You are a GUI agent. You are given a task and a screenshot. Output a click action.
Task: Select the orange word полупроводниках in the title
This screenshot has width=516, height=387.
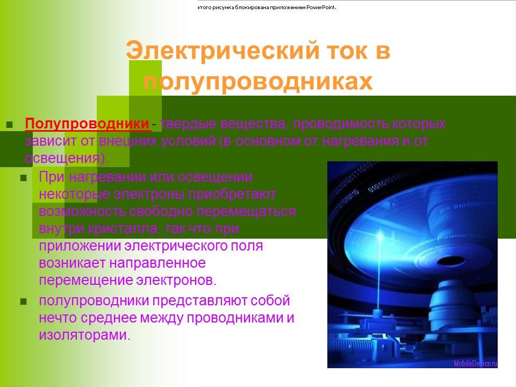pos(258,82)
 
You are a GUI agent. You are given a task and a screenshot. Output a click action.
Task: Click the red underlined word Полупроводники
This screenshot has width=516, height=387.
pos(88,124)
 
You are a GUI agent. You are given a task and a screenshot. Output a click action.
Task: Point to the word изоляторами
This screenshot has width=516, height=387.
pos(84,335)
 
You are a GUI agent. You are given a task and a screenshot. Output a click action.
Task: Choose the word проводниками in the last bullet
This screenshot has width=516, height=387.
pos(234,318)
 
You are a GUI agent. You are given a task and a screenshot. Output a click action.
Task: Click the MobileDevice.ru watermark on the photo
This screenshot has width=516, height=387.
pos(475,363)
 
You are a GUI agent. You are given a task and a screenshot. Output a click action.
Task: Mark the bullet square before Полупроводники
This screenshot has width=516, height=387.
pos(9,125)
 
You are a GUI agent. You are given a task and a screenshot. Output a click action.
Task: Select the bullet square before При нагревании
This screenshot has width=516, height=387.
pos(23,178)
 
